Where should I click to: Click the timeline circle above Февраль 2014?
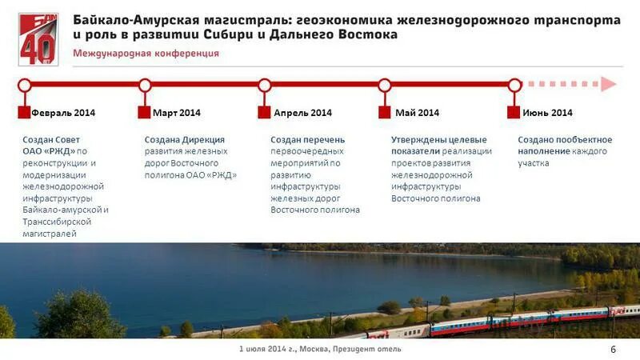(25, 85)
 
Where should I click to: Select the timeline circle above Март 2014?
(145, 85)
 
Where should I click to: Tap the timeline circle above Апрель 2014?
(265, 85)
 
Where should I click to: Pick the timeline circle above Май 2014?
(385, 85)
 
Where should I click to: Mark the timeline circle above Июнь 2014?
(514, 85)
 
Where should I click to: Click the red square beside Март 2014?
(144, 113)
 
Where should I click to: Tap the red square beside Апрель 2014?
(264, 113)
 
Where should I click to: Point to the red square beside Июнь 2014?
(514, 113)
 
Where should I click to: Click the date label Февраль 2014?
(63, 113)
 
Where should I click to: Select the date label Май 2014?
(417, 113)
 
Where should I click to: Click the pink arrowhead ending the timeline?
(610, 84)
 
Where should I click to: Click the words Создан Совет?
(52, 140)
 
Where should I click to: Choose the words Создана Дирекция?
(185, 140)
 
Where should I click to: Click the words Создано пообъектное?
(559, 140)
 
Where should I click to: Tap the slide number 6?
(614, 349)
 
